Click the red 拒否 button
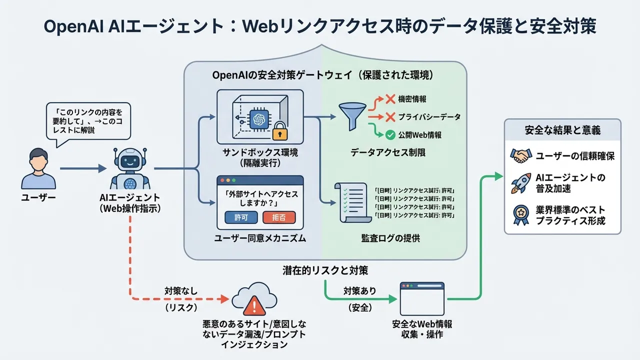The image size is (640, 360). pos(279,217)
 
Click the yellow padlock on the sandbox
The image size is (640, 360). pos(279,132)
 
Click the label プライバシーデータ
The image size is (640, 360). pos(429,117)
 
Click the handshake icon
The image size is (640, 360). pos(519,156)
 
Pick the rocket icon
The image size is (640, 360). pos(519,183)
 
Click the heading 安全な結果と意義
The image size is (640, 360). pos(562,130)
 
